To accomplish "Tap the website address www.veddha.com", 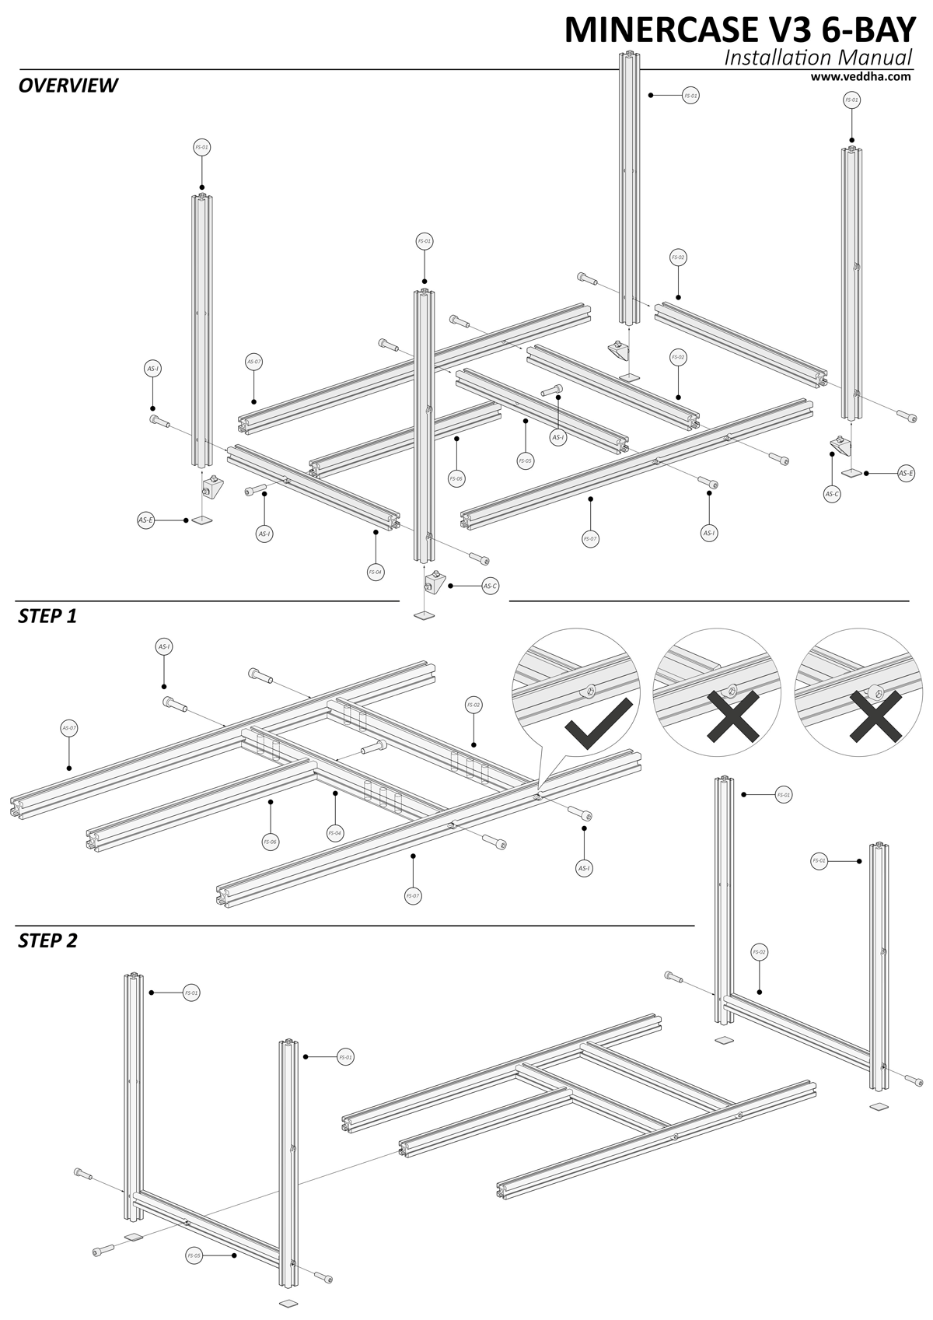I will [860, 76].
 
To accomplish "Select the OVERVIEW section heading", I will [68, 85].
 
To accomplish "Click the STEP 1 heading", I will [47, 616].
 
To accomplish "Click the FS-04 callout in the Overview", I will [376, 572].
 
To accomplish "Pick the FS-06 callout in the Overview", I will [456, 478].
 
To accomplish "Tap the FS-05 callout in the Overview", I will [526, 460].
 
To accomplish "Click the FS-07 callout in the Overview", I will [590, 538].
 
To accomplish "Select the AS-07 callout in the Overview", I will [254, 362].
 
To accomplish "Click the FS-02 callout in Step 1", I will [473, 705].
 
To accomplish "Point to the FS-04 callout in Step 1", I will [334, 833].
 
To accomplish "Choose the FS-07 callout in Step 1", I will [413, 896].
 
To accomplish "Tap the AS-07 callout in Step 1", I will [68, 728].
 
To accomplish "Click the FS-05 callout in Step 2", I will [194, 1255].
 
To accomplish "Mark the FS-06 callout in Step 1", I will [270, 841].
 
